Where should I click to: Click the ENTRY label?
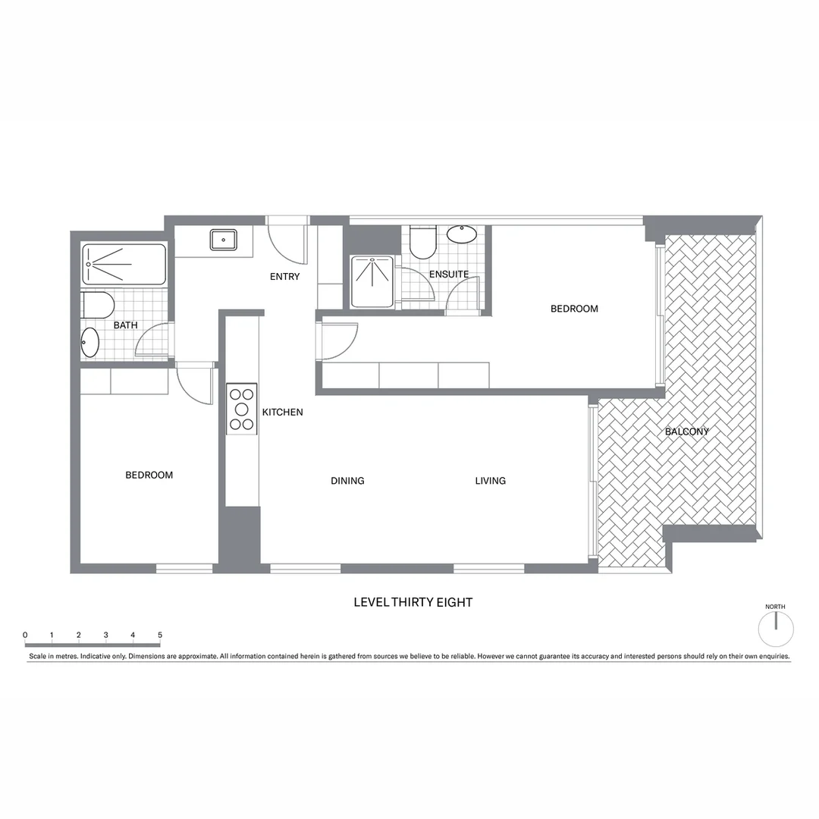284,277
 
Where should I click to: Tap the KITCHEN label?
282,413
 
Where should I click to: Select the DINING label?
347,481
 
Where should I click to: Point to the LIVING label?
490,481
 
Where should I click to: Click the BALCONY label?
686,432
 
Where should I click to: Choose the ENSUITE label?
448,275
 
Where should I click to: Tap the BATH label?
126,325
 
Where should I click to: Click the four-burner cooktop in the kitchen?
242,409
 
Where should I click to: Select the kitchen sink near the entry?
223,240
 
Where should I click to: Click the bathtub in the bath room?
124,264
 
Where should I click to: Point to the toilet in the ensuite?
422,242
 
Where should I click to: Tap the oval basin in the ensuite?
461,234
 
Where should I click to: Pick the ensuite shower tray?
372,281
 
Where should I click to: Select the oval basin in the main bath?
89,342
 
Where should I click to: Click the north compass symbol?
776,629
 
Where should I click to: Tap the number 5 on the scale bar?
159,635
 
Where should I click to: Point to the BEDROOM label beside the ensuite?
574,309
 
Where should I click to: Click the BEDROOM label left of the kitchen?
149,475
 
